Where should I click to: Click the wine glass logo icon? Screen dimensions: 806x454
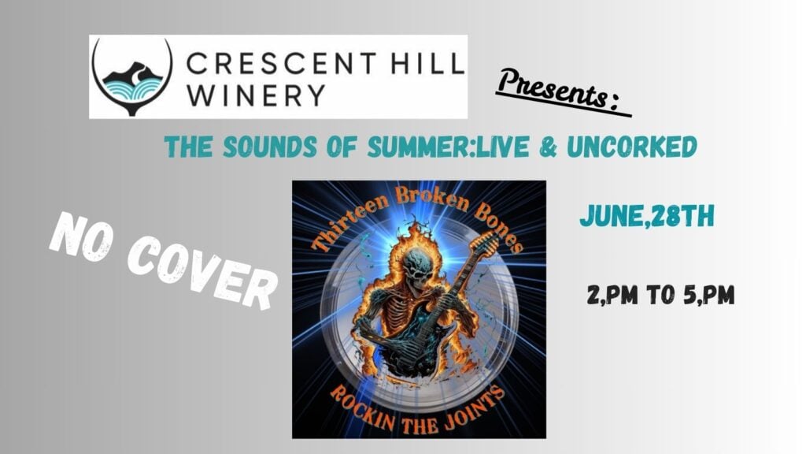pos(132,76)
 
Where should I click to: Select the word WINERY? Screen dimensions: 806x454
pos(256,95)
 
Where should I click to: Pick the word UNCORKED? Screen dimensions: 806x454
pos(632,147)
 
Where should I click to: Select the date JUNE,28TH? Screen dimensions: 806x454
pos(647,216)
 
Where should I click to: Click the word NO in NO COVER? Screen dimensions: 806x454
pos(81,240)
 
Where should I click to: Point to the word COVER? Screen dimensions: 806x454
pos(201,274)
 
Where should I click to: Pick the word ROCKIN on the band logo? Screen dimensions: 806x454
pos(363,410)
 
